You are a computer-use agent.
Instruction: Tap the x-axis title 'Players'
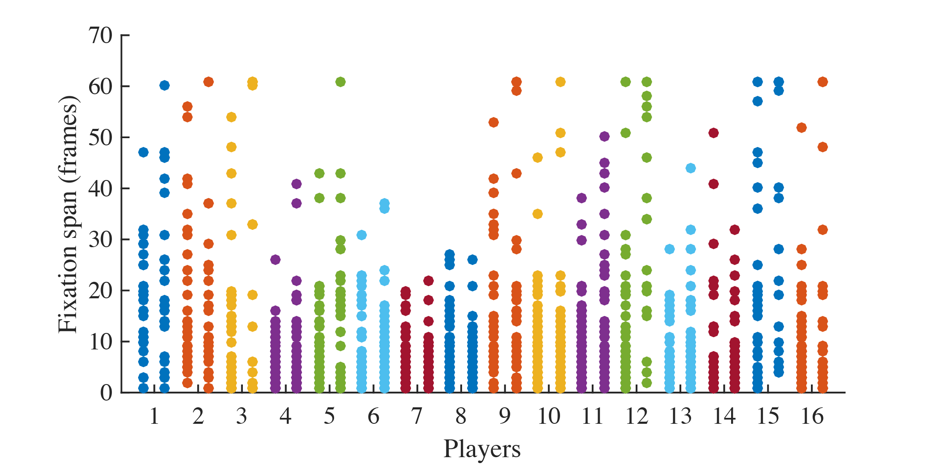481,449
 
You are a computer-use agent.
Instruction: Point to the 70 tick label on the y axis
101,35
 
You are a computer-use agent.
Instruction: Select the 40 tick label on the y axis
101,188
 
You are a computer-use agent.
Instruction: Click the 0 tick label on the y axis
106,393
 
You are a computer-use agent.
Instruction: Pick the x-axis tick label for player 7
417,417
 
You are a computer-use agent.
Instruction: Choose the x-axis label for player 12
637,417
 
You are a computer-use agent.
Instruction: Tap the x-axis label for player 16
812,417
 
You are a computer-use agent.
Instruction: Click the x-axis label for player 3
242,417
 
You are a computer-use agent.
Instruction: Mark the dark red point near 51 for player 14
713,133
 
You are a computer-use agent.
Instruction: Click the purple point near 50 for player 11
604,136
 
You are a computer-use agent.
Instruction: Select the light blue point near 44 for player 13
691,168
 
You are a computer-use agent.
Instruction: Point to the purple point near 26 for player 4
275,259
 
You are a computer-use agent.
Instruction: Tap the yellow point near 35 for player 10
537,214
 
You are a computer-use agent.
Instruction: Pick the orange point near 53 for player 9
493,123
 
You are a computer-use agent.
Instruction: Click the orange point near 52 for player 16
801,128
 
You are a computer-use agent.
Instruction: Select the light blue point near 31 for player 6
362,235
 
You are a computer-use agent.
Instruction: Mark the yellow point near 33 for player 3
253,224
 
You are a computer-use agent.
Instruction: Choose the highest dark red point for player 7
428,281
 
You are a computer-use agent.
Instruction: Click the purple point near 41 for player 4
296,184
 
